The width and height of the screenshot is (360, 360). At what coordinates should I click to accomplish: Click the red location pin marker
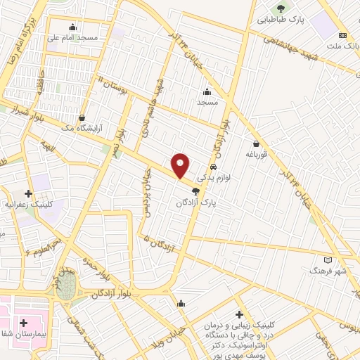tap(181, 165)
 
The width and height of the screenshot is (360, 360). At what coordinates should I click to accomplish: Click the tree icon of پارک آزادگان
tap(196, 191)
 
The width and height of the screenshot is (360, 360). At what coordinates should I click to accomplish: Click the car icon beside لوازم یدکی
tap(213, 167)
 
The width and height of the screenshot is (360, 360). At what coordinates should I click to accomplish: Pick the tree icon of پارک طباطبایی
tap(281, 8)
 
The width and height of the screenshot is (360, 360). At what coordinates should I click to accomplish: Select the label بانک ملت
tap(344, 47)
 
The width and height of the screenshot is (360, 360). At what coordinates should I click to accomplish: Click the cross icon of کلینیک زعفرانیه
tap(29, 193)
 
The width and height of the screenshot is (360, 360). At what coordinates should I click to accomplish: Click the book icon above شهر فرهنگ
tap(328, 260)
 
